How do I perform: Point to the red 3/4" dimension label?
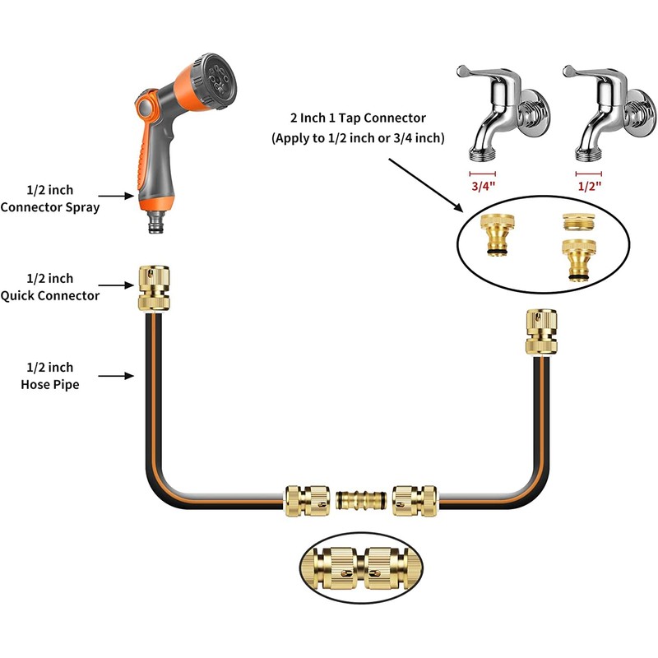point(482,187)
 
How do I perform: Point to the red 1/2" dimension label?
point(588,187)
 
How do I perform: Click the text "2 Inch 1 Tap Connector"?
point(359,119)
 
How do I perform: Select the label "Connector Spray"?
point(50,208)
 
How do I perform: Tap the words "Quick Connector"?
point(50,296)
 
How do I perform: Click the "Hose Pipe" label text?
point(50,384)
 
